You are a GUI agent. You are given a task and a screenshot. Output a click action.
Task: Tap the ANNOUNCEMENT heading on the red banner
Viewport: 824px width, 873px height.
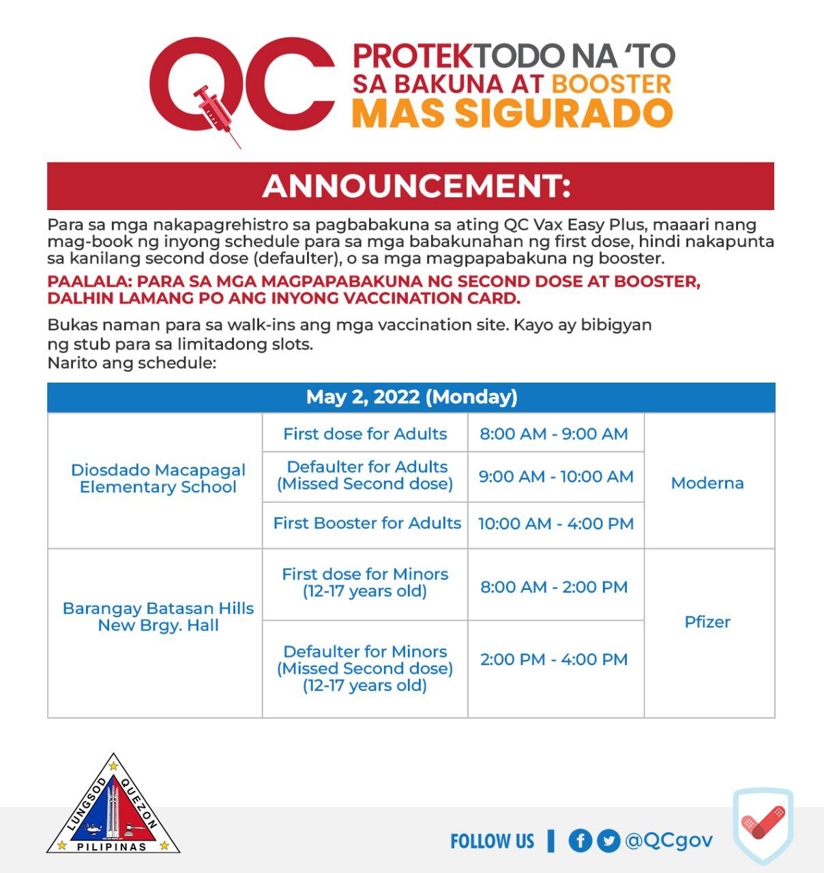pyautogui.click(x=415, y=186)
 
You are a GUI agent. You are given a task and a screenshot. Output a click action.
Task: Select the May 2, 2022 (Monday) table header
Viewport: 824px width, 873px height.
pyautogui.click(x=411, y=397)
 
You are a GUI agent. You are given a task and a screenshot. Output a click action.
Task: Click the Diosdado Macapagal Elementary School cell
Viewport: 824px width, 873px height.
pyautogui.click(x=158, y=478)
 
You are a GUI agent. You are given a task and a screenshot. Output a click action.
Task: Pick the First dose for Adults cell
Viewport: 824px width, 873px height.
pyautogui.click(x=365, y=434)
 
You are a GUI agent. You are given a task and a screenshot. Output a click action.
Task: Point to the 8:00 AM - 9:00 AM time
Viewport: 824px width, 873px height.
pyautogui.click(x=553, y=434)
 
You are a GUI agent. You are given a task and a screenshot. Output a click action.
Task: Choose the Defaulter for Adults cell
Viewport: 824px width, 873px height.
pyautogui.click(x=365, y=475)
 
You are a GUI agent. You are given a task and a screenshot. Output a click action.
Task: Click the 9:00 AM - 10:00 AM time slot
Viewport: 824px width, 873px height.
pyautogui.click(x=556, y=476)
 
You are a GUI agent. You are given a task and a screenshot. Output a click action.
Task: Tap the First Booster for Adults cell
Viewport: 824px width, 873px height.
pyautogui.click(x=367, y=523)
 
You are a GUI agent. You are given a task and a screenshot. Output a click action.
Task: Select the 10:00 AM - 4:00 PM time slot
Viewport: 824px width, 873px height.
pyautogui.click(x=556, y=524)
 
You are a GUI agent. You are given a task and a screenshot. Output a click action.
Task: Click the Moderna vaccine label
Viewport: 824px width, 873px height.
pyautogui.click(x=707, y=483)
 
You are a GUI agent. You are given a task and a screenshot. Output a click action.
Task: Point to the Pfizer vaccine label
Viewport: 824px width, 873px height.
pyautogui.click(x=707, y=622)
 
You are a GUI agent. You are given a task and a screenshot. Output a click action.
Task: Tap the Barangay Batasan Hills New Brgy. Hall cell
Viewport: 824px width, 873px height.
pyautogui.click(x=158, y=617)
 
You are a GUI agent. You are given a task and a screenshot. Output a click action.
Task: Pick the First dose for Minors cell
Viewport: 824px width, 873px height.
pyautogui.click(x=365, y=582)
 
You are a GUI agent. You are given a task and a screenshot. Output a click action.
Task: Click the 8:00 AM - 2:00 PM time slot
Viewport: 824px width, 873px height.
pyautogui.click(x=554, y=587)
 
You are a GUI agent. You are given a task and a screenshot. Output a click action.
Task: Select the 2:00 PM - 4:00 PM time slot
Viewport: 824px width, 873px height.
pyautogui.click(x=554, y=660)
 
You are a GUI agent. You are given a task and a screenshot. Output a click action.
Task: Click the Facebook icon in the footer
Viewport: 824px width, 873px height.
pyautogui.click(x=580, y=840)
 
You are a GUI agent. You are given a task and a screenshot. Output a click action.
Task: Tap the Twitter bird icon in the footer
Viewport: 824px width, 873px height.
pyautogui.click(x=608, y=840)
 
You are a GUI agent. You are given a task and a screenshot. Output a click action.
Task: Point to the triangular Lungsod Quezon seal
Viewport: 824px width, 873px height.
pyautogui.click(x=113, y=808)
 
